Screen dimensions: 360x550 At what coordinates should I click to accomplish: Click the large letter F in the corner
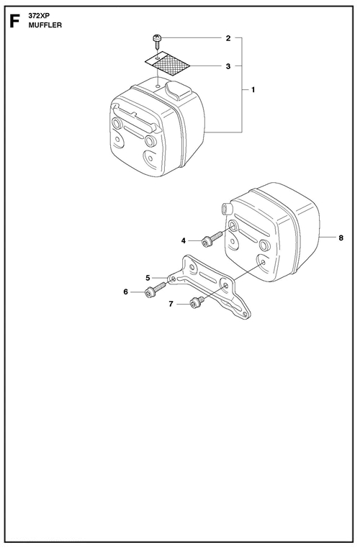[x=14, y=21]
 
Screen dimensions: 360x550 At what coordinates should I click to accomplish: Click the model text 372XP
[x=40, y=16]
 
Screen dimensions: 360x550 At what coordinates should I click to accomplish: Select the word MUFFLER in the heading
[x=45, y=25]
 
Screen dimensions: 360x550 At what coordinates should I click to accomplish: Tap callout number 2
[x=228, y=38]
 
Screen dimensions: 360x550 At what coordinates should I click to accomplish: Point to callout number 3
[x=228, y=66]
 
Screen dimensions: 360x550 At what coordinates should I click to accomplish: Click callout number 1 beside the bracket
[x=253, y=90]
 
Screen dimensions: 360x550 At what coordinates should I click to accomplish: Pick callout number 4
[x=183, y=241]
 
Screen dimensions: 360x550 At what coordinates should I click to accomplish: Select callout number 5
[x=148, y=278]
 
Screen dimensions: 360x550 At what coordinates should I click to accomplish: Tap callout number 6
[x=125, y=292]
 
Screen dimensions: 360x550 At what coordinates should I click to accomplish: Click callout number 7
[x=171, y=304]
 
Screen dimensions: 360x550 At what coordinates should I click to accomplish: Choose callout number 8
[x=341, y=238]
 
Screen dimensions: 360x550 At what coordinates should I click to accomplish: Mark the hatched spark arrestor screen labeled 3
[x=168, y=63]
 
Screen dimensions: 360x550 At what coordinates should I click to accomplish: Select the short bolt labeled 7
[x=196, y=302]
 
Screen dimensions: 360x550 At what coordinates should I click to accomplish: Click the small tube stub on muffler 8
[x=225, y=208]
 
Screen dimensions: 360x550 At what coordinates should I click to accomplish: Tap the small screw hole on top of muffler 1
[x=158, y=85]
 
